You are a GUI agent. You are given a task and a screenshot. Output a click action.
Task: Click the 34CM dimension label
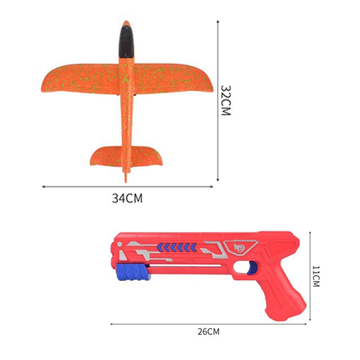(x=127, y=198)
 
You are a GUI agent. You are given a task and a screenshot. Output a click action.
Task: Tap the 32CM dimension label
(x=225, y=100)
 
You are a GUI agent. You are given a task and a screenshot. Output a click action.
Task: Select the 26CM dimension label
(x=208, y=332)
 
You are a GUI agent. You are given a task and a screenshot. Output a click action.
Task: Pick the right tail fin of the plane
(x=147, y=156)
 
